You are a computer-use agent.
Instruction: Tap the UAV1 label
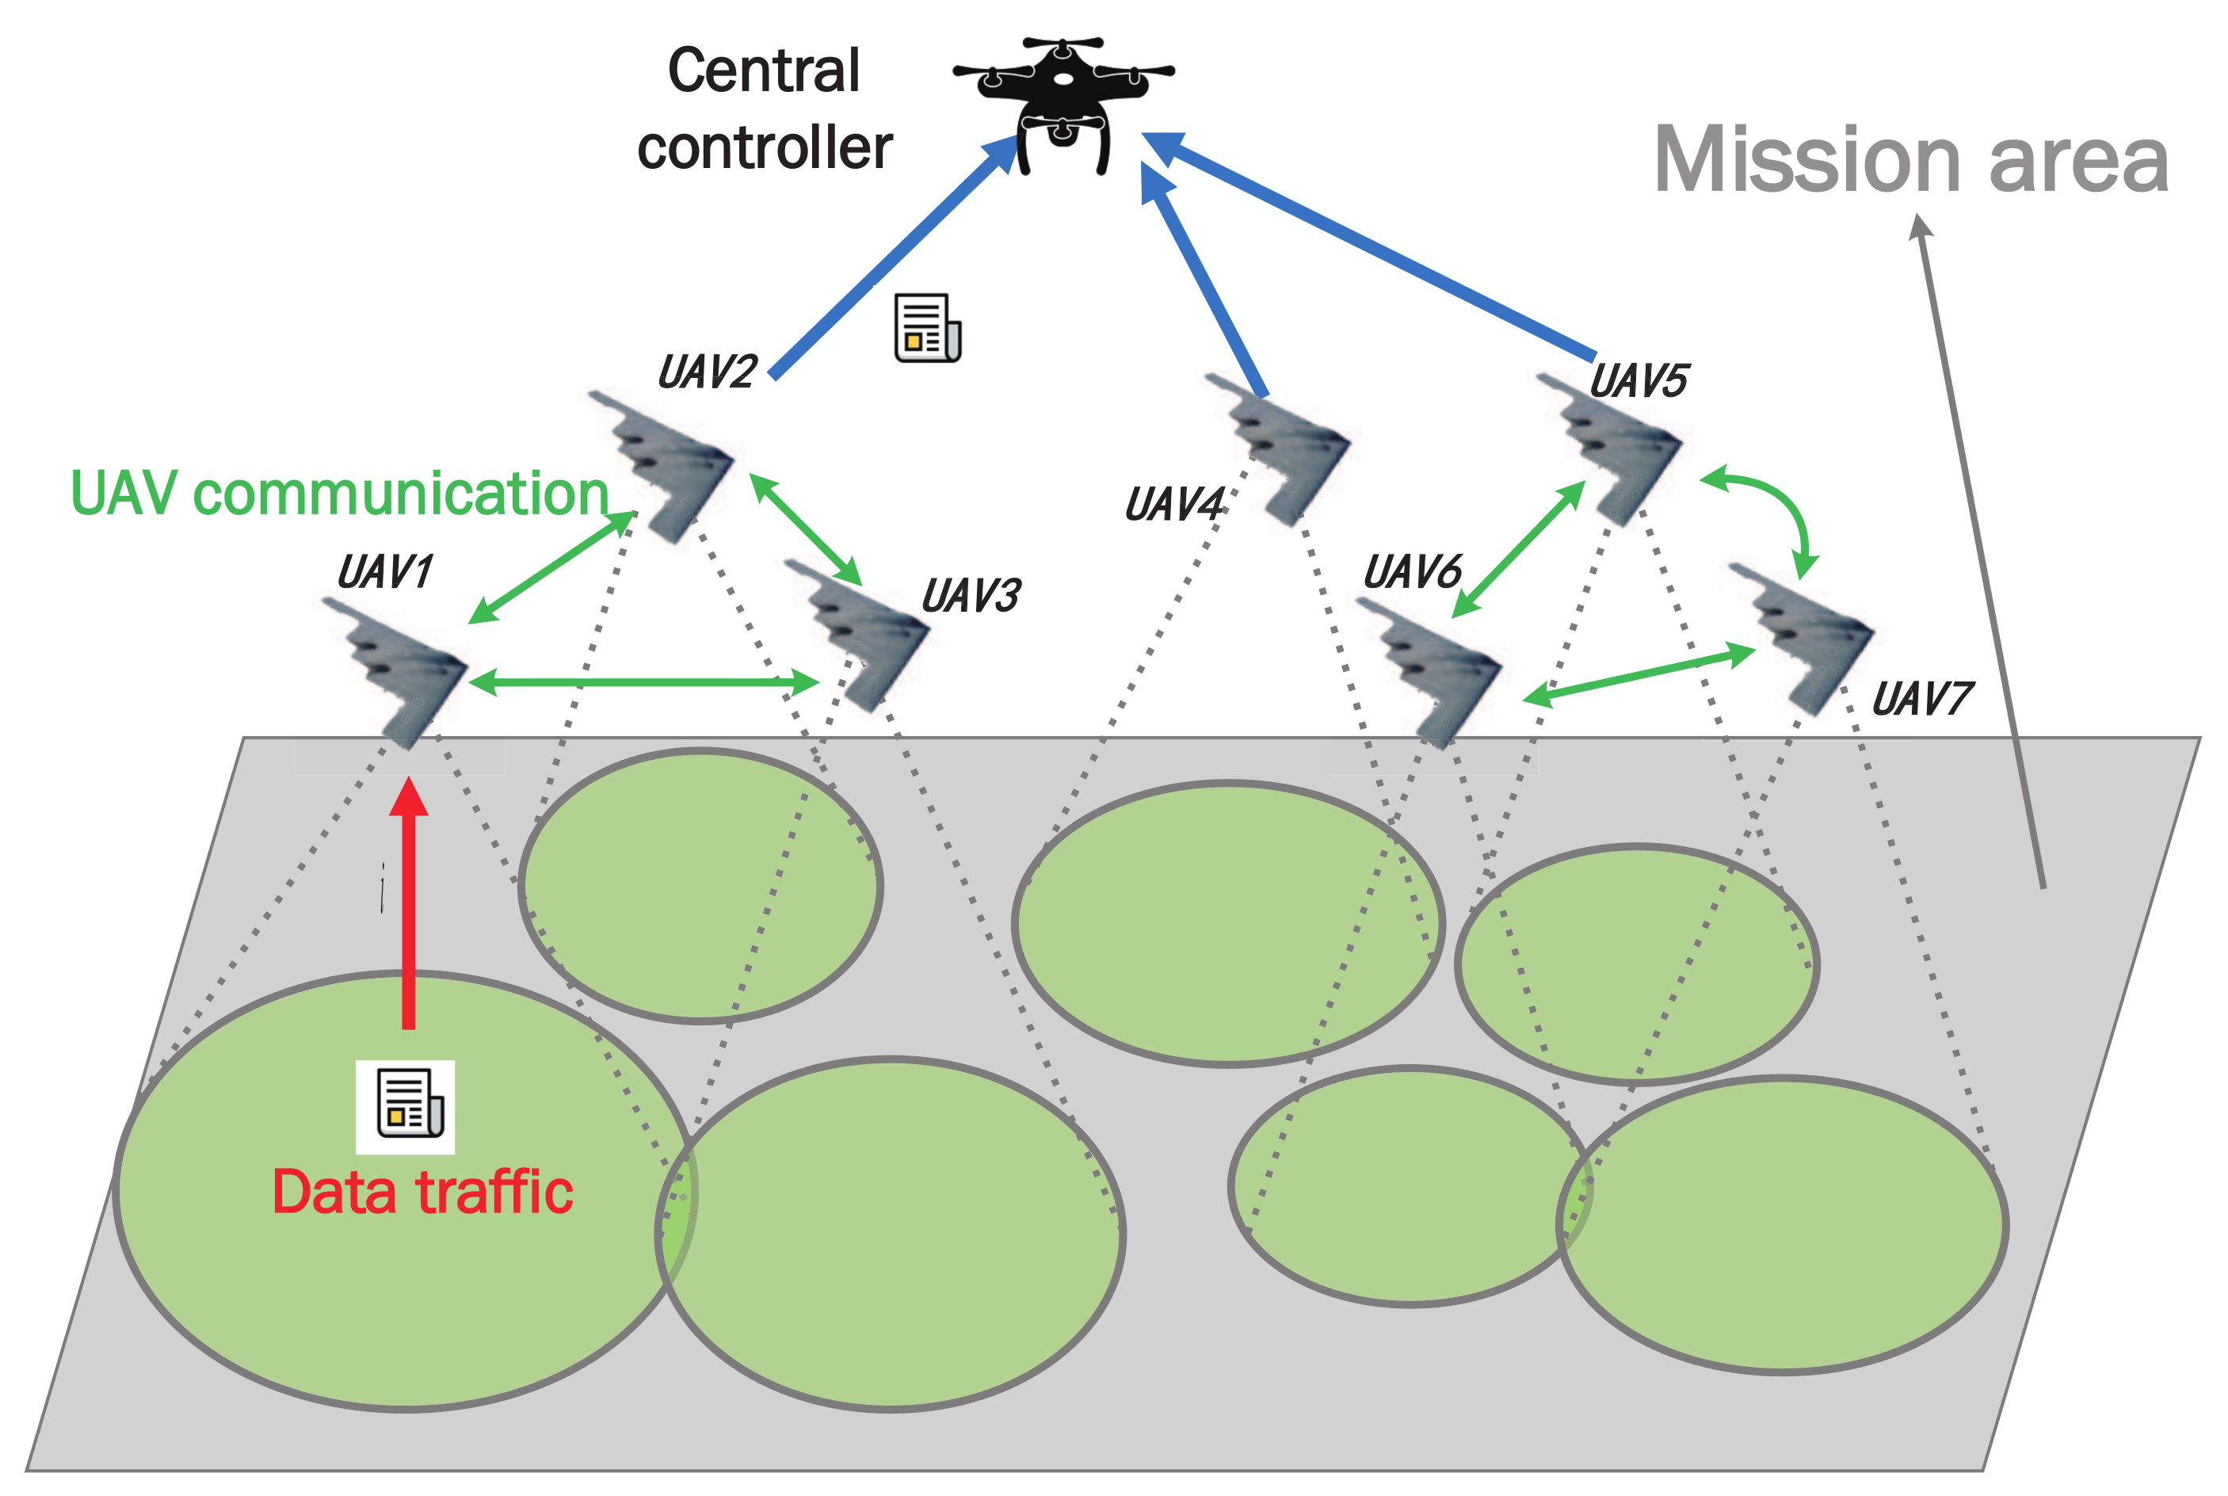pos(385,572)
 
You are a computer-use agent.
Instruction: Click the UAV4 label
pos(1174,505)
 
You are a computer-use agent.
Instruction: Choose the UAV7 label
pos(1921,700)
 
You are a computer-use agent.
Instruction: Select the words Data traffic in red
pos(422,1193)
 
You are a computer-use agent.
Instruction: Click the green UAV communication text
pos(340,494)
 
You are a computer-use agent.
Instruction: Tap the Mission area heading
pos(1910,160)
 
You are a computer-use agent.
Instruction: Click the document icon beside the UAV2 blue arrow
pos(927,328)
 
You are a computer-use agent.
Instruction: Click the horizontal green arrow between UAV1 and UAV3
pos(644,682)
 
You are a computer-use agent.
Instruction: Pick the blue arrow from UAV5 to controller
pos(1373,248)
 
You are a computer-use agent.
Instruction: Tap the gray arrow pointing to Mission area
pos(1979,553)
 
